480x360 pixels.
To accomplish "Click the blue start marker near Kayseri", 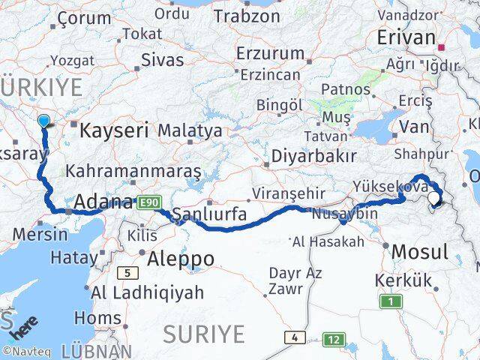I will coord(43,121).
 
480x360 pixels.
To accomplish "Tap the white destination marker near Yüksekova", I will coord(435,199).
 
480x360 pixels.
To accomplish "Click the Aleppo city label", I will coord(181,259).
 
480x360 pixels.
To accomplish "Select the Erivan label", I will coord(406,37).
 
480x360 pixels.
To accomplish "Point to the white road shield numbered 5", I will coord(128,273).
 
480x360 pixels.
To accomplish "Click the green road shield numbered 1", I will coord(390,301).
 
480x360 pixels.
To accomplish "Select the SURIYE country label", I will coord(204,332).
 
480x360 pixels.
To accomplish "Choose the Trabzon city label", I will coord(247,15).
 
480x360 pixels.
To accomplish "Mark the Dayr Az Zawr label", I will coord(285,280).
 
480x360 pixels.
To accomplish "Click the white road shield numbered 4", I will coord(295,337).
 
